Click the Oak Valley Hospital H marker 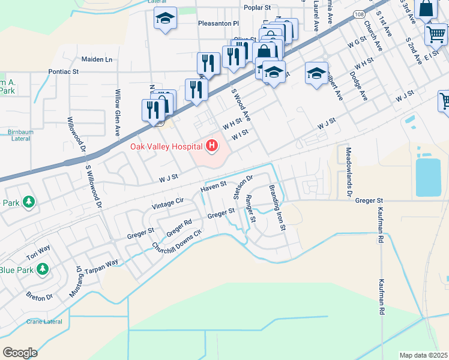click(x=211, y=145)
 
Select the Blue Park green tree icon click(x=42, y=270)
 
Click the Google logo click(x=20, y=353)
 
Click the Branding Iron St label click(x=277, y=208)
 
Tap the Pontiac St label click(x=64, y=71)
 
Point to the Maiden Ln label click(x=97, y=59)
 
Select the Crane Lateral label click(x=44, y=322)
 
